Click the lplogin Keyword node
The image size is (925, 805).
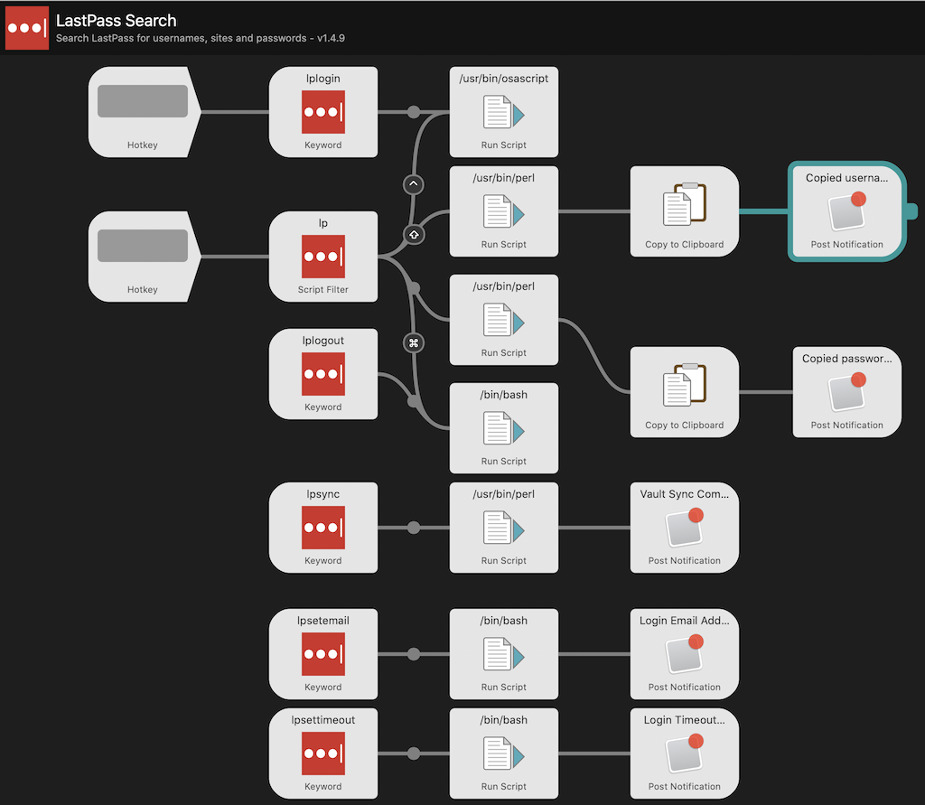coord(322,112)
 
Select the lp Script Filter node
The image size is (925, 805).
coord(322,257)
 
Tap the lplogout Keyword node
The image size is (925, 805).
coord(322,374)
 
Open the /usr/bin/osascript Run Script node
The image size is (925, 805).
coord(503,112)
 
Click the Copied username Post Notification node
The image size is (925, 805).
coord(846,211)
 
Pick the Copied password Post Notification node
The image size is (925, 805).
coord(846,392)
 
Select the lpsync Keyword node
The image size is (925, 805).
coord(322,528)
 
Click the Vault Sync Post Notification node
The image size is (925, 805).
coord(684,528)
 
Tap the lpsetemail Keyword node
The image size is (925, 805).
coord(322,654)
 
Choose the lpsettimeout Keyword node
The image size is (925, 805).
coord(322,754)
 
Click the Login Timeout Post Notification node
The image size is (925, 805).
coord(684,754)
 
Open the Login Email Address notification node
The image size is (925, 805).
coord(684,654)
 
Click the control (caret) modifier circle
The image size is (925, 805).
coord(414,184)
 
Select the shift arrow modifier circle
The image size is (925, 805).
coord(414,234)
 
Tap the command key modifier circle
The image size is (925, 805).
coord(414,342)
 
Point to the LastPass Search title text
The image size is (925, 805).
coord(116,21)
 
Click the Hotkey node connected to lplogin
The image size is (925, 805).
coord(142,112)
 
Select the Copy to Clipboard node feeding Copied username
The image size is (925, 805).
coord(684,211)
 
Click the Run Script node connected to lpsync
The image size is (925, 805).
coord(503,528)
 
